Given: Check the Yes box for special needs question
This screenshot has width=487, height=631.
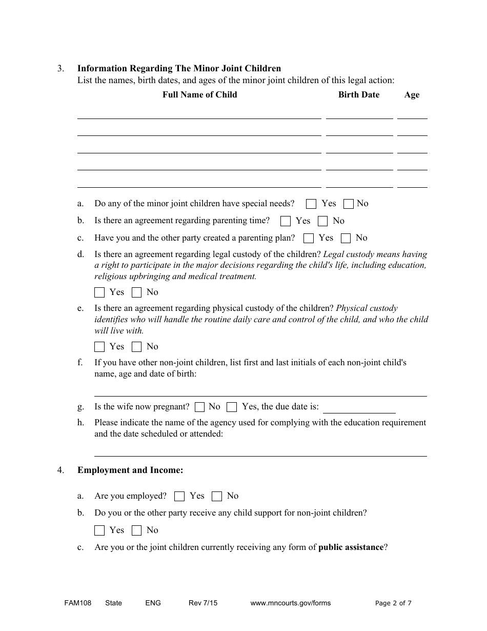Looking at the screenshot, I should tap(311, 204).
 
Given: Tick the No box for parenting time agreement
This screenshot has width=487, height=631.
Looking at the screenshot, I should tap(322, 221).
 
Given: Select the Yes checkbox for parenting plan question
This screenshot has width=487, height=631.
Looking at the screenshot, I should tap(309, 238).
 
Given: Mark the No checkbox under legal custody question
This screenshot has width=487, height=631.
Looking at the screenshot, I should tap(136, 292).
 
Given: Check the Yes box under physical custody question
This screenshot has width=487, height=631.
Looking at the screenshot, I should tap(99, 347).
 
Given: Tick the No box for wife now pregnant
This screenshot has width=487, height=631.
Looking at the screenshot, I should tap(200, 407).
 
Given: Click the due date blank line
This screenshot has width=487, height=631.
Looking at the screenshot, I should tap(359, 408).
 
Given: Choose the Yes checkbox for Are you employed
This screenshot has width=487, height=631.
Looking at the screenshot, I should tap(179, 496).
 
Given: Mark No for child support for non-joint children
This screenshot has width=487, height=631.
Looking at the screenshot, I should tap(136, 530).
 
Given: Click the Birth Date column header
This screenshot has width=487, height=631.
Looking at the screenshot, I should tap(359, 94).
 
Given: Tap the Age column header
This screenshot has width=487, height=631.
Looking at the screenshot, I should tap(412, 94).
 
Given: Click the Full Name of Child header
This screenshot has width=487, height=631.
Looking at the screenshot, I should tap(200, 94).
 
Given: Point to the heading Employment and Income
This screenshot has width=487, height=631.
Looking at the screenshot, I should tap(130, 470).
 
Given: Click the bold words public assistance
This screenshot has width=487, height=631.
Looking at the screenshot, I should tap(351, 547).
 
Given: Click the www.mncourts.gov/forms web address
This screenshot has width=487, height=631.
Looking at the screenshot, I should tap(290, 603).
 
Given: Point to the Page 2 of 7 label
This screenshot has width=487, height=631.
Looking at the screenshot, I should tap(393, 603).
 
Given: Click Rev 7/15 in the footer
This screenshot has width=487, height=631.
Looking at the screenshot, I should tap(203, 603).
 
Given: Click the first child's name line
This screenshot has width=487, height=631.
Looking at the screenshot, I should tap(199, 114).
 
